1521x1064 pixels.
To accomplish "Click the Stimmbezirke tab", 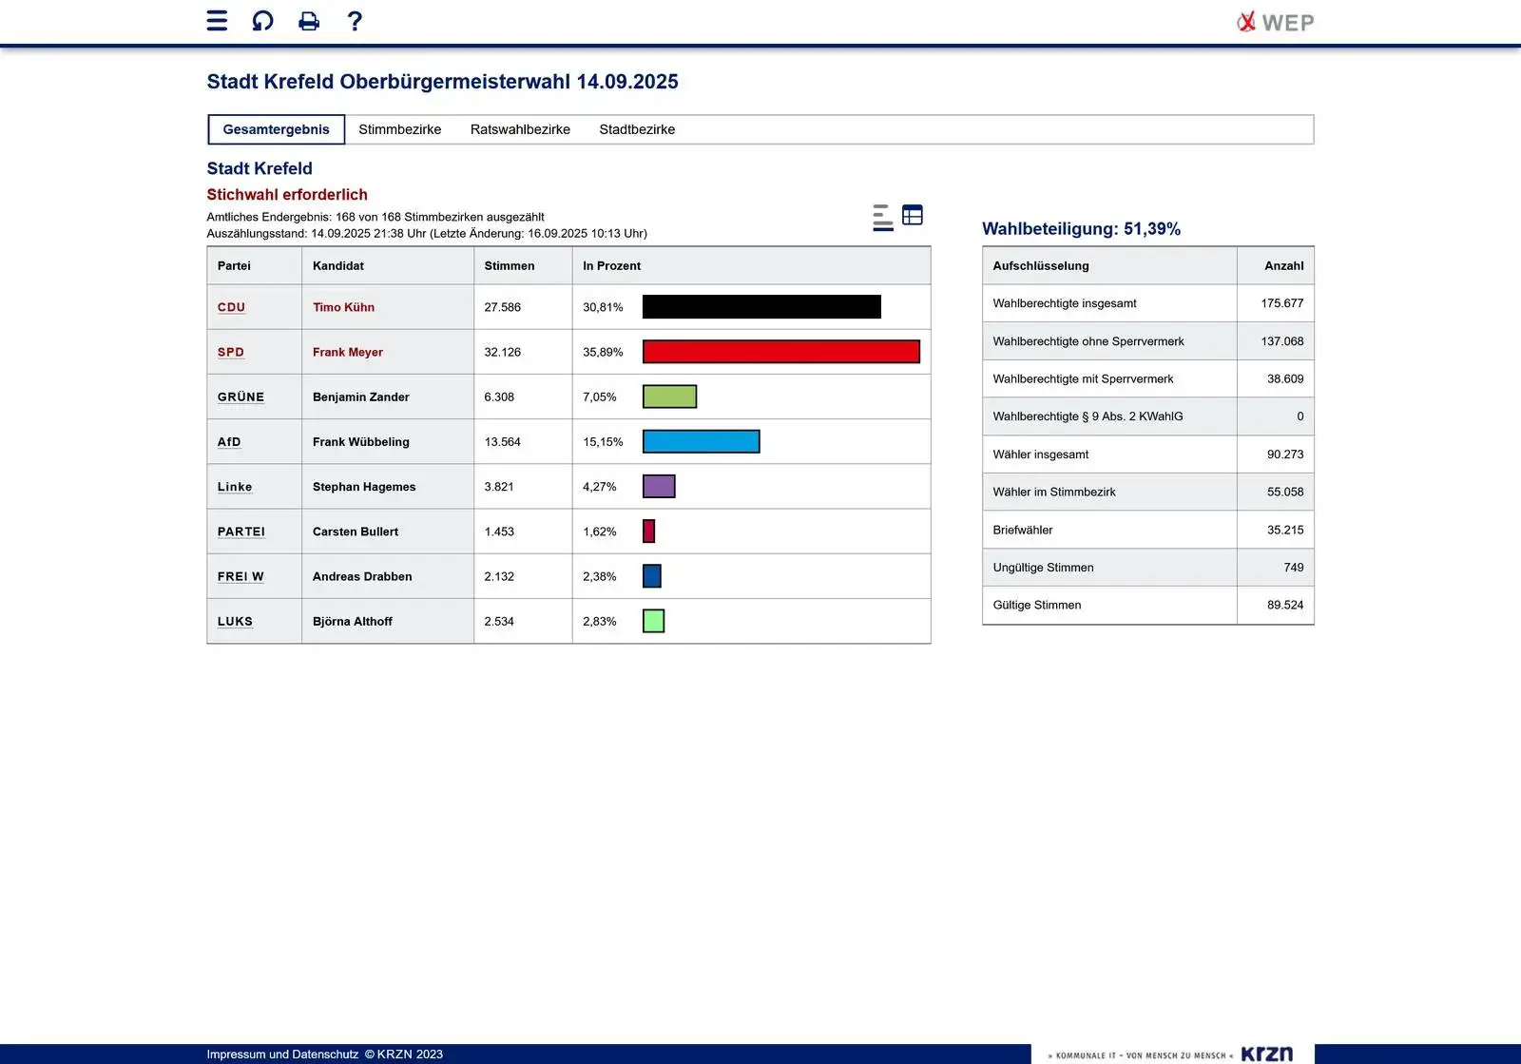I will tap(399, 129).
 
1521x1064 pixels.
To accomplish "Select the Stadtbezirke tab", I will tap(637, 129).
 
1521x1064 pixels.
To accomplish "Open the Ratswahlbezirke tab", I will tap(520, 129).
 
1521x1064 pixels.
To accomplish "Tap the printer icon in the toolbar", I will tap(309, 21).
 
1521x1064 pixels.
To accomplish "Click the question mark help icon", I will tap(355, 21).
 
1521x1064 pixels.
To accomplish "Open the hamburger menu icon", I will tap(217, 21).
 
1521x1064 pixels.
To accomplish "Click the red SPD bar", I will tap(780, 352).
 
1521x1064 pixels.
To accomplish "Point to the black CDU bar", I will tap(761, 307).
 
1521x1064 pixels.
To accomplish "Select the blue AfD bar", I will tap(701, 441).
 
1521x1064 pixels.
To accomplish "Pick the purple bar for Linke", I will tap(659, 487).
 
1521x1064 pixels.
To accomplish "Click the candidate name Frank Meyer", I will tap(348, 352).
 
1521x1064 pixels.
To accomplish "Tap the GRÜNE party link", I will tap(241, 397).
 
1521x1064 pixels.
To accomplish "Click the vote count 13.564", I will tap(502, 442).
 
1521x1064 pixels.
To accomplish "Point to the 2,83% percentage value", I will tap(599, 622).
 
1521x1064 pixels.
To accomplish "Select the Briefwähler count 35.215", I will tap(1284, 530).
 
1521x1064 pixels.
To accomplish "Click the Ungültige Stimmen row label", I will tap(1043, 568).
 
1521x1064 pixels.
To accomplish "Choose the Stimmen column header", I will tap(509, 266).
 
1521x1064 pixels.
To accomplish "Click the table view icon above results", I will tap(913, 215).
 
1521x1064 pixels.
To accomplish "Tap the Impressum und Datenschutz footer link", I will tap(282, 1054).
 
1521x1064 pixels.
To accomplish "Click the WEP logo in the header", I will tap(1275, 22).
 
